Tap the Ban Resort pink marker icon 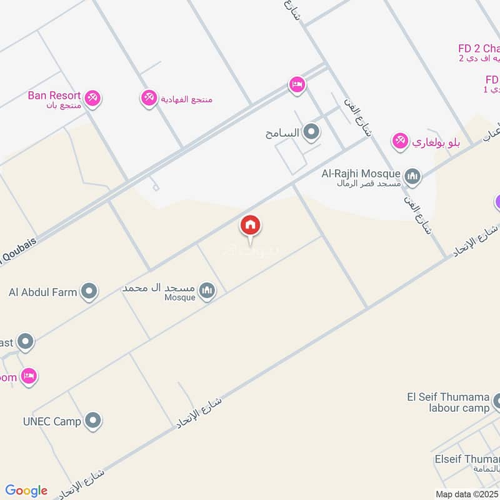(x=93, y=97)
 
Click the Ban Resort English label (x=54, y=96)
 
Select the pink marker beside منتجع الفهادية (x=149, y=97)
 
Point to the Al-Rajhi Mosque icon (x=412, y=177)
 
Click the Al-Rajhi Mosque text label (x=361, y=173)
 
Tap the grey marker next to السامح (x=311, y=132)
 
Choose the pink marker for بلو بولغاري (x=400, y=141)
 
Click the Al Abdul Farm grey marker (x=90, y=291)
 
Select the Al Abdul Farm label (x=42, y=291)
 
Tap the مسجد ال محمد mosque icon (x=207, y=290)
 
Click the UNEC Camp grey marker (x=93, y=421)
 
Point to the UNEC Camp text (x=52, y=421)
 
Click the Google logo (x=26, y=491)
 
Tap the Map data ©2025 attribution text (x=467, y=494)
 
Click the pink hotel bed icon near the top (x=297, y=84)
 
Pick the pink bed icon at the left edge (x=28, y=376)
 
